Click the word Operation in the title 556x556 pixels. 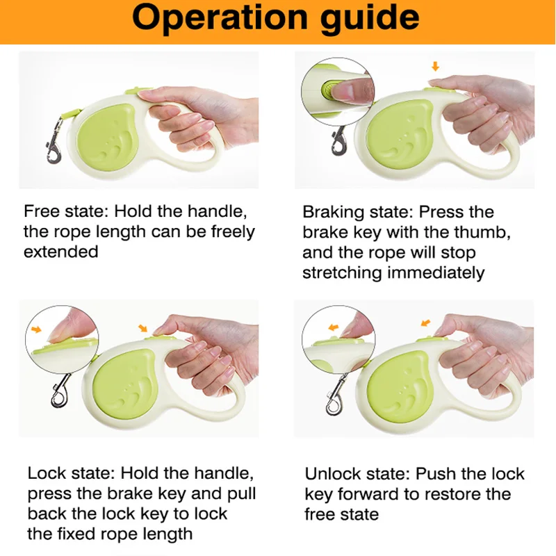click(220, 18)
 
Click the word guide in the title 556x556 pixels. click(370, 19)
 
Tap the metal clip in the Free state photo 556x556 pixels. click(55, 142)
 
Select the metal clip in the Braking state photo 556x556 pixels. click(339, 141)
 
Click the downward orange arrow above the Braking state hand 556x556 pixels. click(436, 66)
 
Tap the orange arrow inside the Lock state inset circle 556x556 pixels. click(36, 329)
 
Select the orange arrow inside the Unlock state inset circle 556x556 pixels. click(334, 327)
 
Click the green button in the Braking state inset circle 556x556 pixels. click(327, 90)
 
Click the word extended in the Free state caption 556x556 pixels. click(61, 252)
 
